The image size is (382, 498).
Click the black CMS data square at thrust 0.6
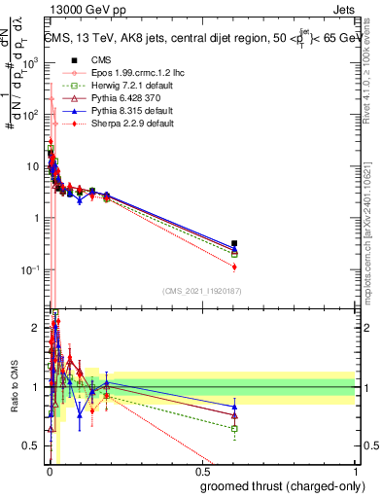(x=234, y=243)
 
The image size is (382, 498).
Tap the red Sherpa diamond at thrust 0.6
(x=234, y=267)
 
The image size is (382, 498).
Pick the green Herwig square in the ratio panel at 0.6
(x=234, y=428)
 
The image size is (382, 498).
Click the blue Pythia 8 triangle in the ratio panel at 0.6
(x=234, y=407)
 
